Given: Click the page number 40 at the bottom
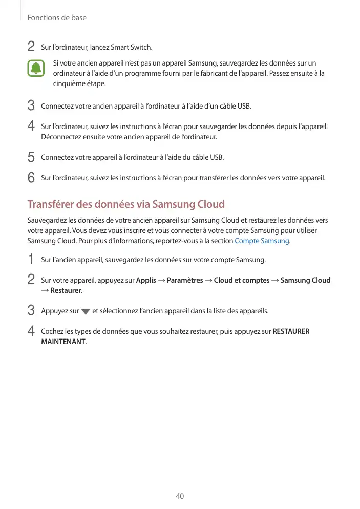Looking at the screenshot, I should point(180,496).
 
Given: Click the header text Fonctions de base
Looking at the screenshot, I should point(56,18).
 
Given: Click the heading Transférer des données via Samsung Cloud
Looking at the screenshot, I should point(126,204).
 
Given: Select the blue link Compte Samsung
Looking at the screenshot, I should point(262,241).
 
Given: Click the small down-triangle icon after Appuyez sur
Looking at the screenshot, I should point(86,312).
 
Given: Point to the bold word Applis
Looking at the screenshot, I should point(146,280).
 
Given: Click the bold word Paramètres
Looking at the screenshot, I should point(185,280).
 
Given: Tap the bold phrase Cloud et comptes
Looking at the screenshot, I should point(242,280).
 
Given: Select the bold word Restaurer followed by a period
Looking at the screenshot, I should point(67,291).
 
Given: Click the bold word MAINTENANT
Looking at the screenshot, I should point(63,342).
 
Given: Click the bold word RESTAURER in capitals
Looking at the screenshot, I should point(291,331).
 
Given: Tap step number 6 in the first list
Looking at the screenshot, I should point(31,178).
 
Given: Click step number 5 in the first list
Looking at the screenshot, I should point(31,157).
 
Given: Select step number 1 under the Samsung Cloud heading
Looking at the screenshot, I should point(31,259).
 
